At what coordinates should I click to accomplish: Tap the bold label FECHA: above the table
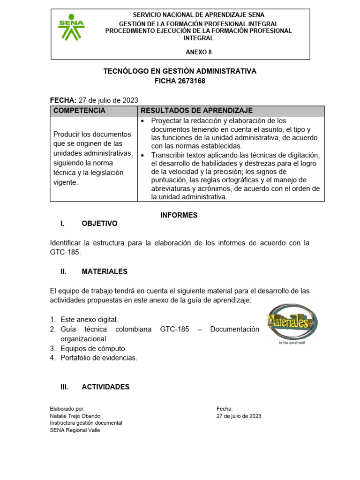coord(63,100)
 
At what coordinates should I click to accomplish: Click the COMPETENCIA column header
coord(80,111)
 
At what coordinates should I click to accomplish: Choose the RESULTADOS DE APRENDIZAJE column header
coord(196,111)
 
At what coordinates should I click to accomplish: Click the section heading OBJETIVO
coord(99,224)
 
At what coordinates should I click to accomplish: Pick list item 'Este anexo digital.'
coord(89,319)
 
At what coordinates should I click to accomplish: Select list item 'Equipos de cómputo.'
coord(94,348)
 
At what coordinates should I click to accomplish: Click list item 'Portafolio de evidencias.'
coord(99,358)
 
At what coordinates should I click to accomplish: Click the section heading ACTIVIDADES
coord(105,387)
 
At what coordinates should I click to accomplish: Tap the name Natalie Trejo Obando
coord(75,416)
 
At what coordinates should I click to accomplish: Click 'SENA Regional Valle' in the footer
coord(75,430)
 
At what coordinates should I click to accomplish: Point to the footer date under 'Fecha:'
coord(239,416)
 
